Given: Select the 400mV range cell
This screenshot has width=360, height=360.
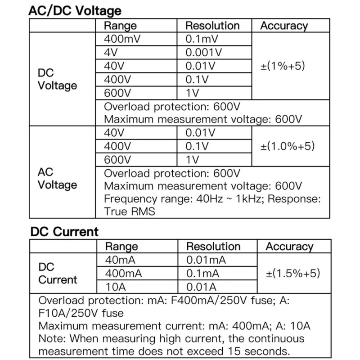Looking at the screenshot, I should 122,39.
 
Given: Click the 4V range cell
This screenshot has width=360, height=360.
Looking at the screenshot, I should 111,52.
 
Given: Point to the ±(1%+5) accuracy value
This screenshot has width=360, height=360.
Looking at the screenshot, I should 283,66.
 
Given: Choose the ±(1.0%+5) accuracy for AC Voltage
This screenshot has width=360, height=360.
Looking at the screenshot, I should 288,146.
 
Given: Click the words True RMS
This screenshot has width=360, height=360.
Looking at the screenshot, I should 130,211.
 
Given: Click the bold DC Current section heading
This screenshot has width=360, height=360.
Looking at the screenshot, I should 64,232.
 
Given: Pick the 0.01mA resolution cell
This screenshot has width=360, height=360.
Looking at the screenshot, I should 206,260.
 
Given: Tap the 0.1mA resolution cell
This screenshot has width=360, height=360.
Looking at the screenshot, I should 203,274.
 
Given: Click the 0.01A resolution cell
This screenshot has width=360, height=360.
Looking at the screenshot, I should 201,287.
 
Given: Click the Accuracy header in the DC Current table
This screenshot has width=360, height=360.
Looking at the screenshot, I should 289,247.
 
